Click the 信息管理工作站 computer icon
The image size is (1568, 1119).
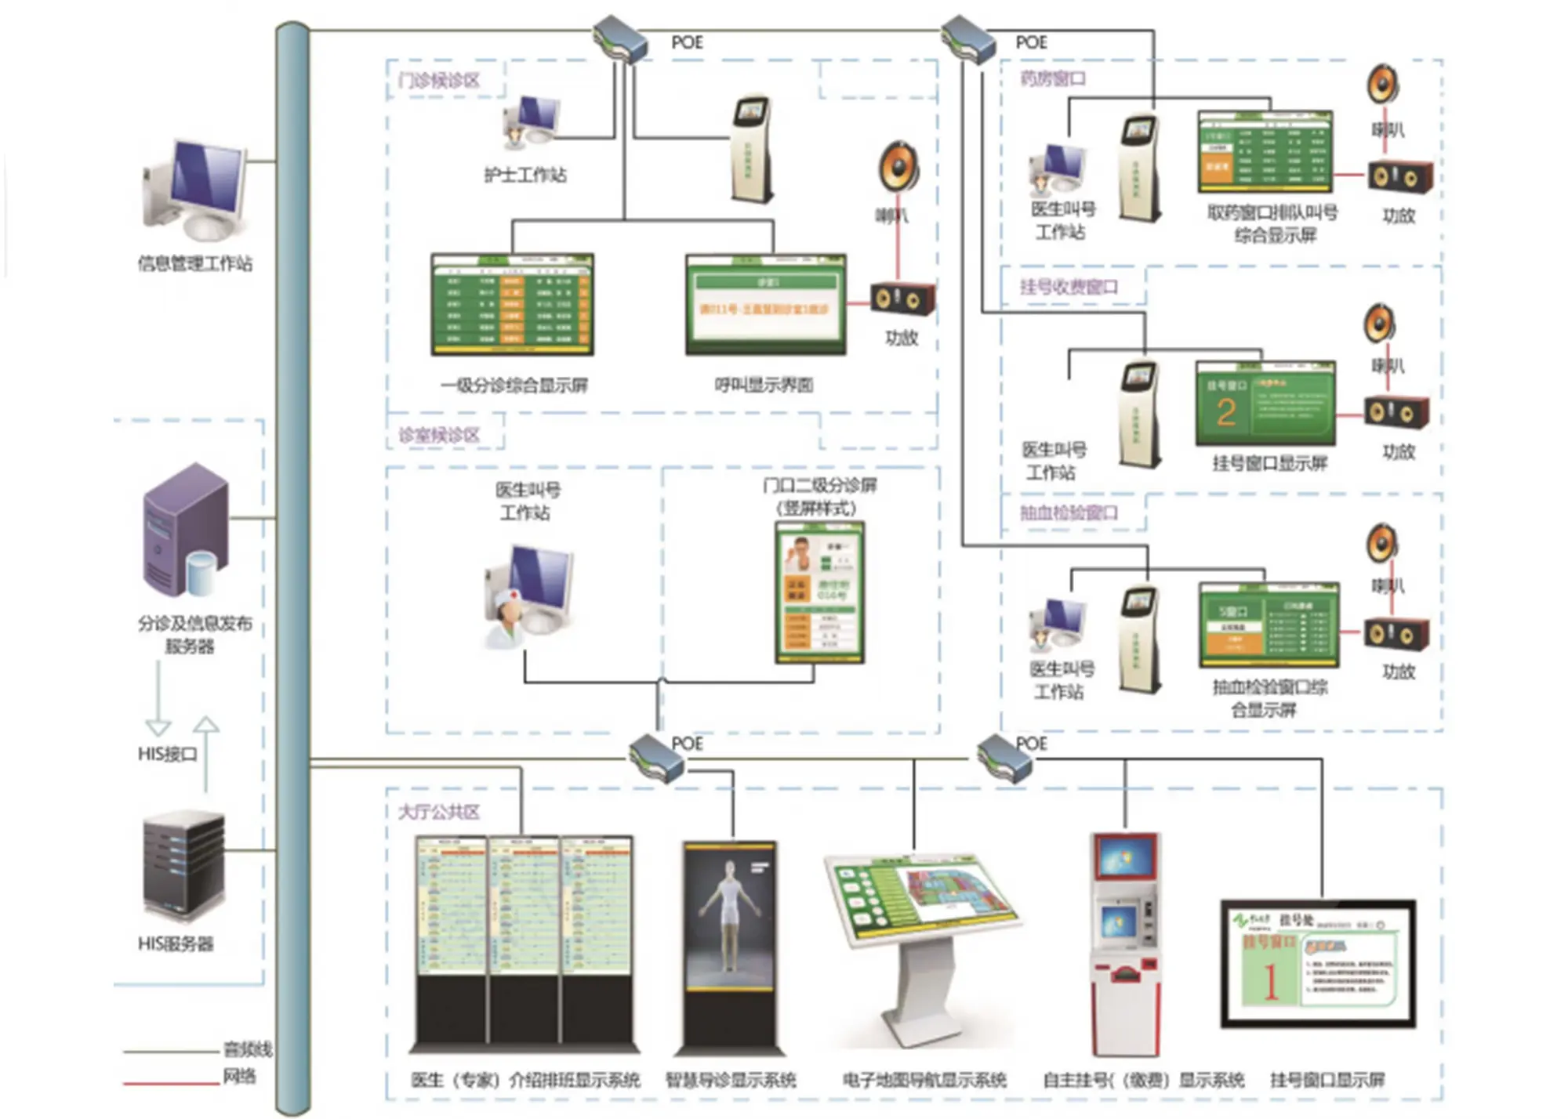196,190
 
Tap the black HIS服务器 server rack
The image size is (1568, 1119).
184,866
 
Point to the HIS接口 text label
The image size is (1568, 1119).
167,754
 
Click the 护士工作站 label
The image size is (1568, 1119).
524,175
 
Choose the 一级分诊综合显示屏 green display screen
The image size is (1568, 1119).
512,305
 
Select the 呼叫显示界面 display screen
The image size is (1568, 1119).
765,305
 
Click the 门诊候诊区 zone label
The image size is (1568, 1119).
439,81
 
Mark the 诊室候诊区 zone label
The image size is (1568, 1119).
439,435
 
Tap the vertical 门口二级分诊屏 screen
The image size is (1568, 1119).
819,592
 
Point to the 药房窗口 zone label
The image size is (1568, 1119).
1053,78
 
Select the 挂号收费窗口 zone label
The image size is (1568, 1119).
1069,287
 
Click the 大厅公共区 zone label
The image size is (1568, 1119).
439,812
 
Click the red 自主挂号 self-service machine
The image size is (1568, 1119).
1125,940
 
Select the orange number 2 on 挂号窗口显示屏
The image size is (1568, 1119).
1226,412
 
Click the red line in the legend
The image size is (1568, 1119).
171,1084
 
